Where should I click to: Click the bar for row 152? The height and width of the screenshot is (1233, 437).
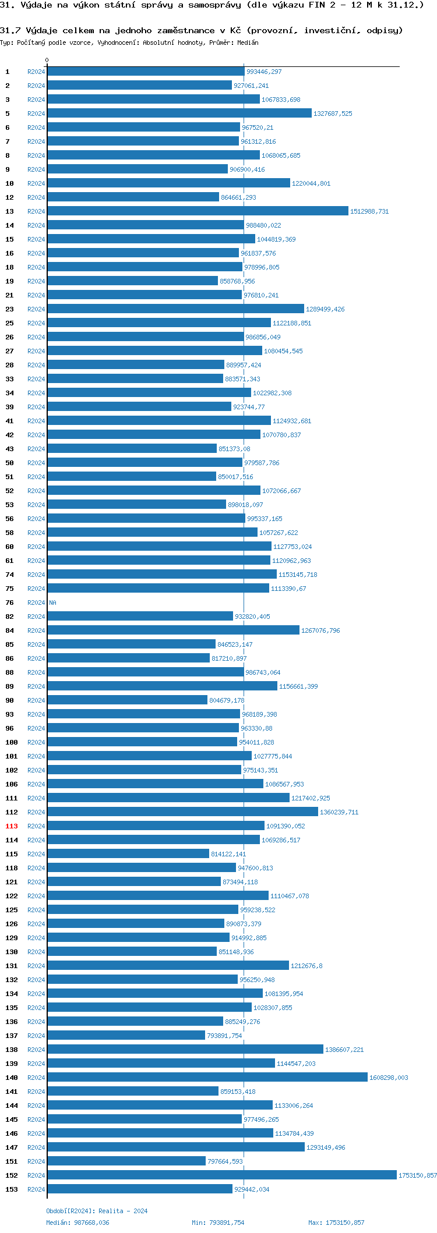click(x=221, y=1175)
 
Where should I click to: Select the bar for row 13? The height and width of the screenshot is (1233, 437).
click(x=198, y=211)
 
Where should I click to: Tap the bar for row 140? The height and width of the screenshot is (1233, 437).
click(x=207, y=1078)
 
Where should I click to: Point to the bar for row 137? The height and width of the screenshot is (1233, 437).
click(x=126, y=1036)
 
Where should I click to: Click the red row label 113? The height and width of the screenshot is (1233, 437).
click(x=12, y=826)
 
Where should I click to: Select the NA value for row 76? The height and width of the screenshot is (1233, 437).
click(x=52, y=603)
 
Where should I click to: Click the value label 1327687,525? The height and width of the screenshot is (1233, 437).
click(x=333, y=114)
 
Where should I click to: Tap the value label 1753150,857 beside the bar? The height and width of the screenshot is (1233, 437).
click(x=417, y=1175)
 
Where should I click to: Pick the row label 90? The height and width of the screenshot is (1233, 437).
click(x=10, y=700)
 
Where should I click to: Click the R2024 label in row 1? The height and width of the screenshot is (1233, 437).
click(x=36, y=72)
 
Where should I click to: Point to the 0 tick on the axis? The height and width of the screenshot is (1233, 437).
click(x=47, y=61)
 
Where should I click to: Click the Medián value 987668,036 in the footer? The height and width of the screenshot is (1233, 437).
click(x=91, y=1223)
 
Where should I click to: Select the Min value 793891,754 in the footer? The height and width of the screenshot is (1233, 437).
click(x=226, y=1223)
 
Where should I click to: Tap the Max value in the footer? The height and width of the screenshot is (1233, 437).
click(x=346, y=1223)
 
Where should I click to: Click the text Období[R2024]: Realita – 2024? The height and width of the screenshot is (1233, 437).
click(x=97, y=1211)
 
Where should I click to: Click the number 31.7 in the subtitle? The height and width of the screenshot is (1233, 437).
click(x=10, y=30)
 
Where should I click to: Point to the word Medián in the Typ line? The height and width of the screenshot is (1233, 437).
click(x=248, y=42)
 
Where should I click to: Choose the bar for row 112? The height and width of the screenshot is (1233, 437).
click(x=182, y=812)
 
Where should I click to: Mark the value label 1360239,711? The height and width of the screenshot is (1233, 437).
click(x=339, y=812)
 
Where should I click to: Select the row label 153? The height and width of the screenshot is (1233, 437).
click(x=12, y=1189)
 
